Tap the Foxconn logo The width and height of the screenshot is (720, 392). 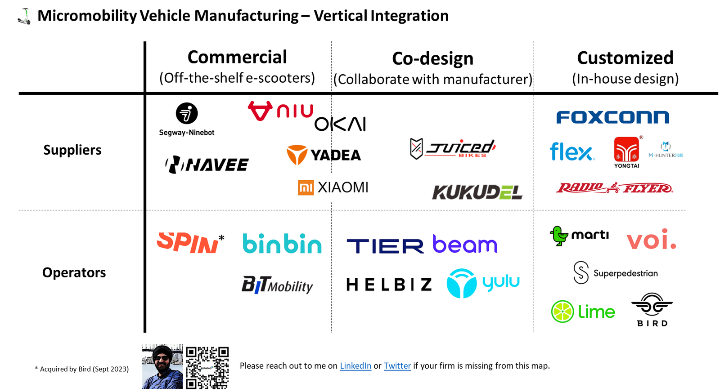pos(612,117)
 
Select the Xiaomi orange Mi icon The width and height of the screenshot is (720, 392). pos(306,187)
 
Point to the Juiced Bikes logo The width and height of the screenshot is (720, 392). pos(453,148)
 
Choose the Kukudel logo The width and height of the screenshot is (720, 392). pos(477,192)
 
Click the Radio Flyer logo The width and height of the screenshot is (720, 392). pos(615,188)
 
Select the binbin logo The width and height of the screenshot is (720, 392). pos(282,244)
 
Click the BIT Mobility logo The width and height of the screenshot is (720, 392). pos(277,285)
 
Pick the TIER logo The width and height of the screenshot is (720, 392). pos(385,246)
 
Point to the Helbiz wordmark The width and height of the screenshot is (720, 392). pos(389,285)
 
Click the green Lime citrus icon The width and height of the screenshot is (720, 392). pos(562,312)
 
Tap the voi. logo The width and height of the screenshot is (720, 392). pos(651,240)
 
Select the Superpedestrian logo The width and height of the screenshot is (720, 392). pos(615,273)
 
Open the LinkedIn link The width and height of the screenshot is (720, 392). pos(355,366)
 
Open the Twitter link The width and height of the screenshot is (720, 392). pos(397,366)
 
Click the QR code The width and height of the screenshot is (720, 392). pos(207,367)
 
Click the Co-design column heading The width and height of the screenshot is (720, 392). pos(432,59)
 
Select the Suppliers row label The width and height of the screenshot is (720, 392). pos(72,150)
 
